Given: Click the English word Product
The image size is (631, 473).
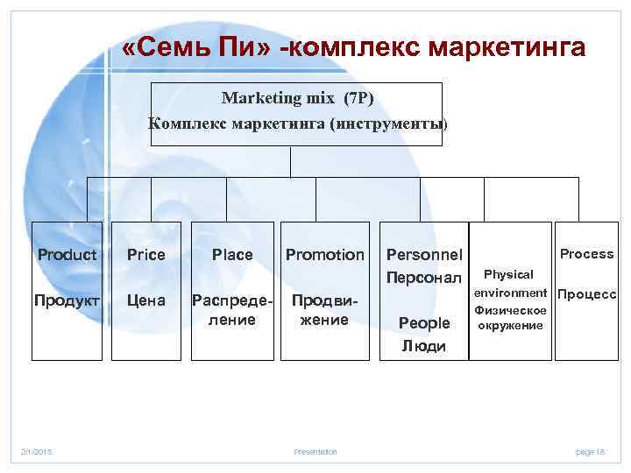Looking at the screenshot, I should [x=67, y=255].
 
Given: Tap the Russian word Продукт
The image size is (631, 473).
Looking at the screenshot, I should [x=67, y=300].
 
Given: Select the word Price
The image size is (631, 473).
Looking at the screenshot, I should [x=145, y=255].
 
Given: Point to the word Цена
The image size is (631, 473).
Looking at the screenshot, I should [x=145, y=300].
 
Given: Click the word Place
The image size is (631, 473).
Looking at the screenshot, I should [x=232, y=255].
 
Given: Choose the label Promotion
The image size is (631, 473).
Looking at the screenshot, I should [x=325, y=255].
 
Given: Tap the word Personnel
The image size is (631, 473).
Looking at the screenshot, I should [x=425, y=255].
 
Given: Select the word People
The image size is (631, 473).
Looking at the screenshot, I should [x=424, y=323].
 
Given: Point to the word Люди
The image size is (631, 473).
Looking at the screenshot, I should [x=424, y=346].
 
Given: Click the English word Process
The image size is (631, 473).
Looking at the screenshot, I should [x=587, y=254].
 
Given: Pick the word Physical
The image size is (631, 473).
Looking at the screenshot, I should [x=508, y=275].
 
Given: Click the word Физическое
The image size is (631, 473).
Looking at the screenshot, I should [x=510, y=310].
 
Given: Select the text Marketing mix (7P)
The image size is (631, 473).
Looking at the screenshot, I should [x=298, y=97].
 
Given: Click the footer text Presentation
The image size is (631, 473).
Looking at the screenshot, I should [x=315, y=451].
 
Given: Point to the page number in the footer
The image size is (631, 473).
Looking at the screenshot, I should [x=591, y=451].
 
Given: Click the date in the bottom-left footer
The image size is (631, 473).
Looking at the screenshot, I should [x=38, y=451].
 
